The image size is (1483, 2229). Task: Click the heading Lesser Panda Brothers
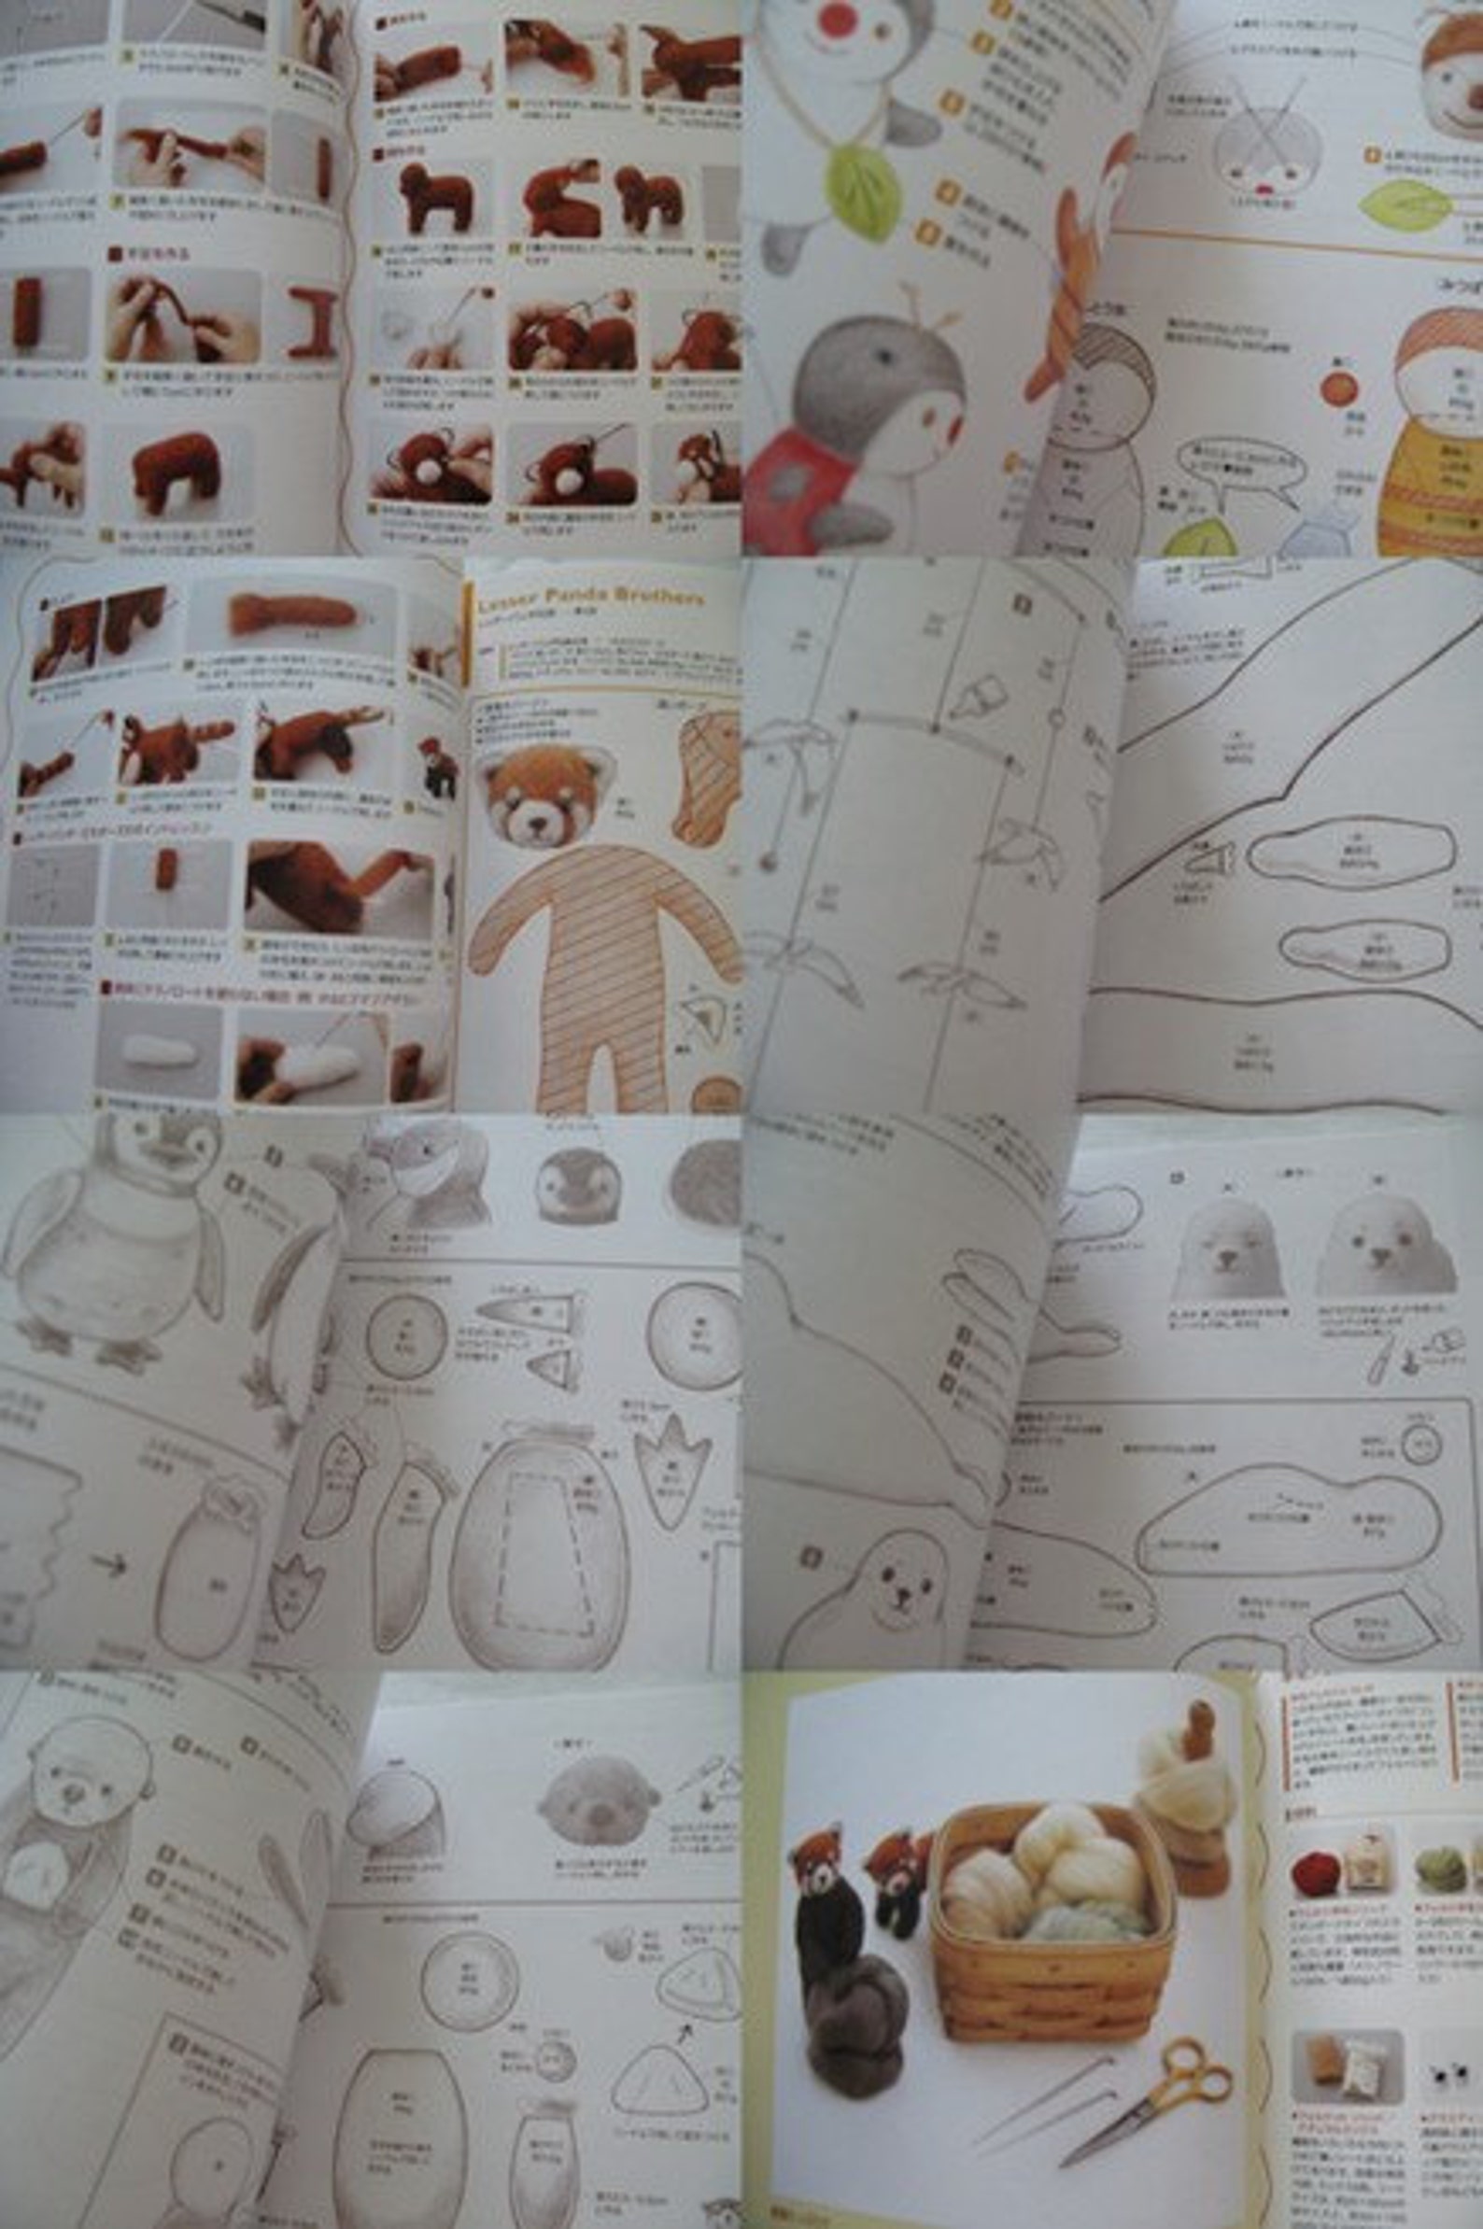point(590,598)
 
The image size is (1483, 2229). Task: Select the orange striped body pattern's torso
point(605,955)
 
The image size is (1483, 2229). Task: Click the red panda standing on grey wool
point(825,1882)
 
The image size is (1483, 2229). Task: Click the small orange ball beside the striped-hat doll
point(1337,387)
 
